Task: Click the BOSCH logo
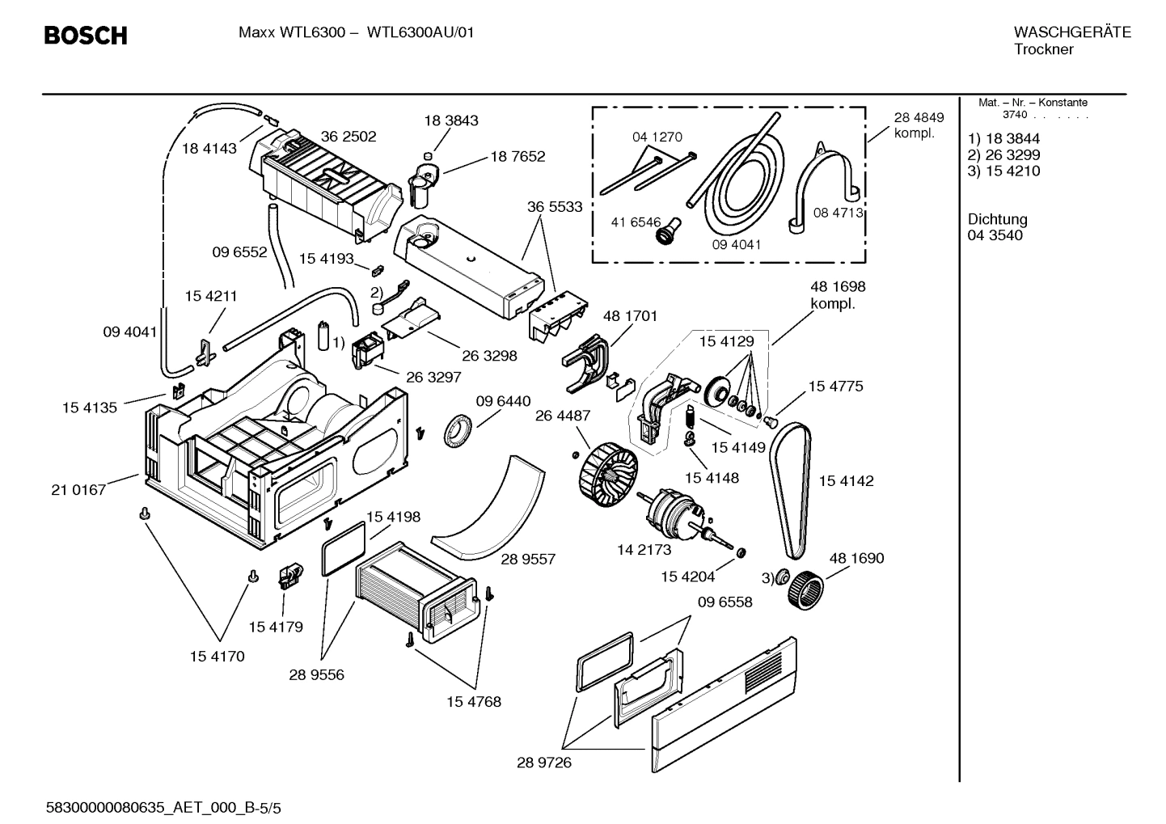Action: click(x=85, y=36)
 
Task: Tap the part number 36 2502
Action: click(x=349, y=137)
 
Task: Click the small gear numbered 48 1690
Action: click(x=805, y=589)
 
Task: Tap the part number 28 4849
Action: click(x=919, y=117)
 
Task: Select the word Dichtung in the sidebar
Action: click(x=997, y=219)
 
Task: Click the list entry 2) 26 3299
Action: click(x=1003, y=154)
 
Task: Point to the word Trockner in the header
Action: click(x=1043, y=49)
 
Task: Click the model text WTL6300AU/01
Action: click(x=420, y=32)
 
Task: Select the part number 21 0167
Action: click(x=78, y=489)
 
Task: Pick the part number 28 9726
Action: click(x=543, y=762)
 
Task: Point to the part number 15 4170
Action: click(x=217, y=656)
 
